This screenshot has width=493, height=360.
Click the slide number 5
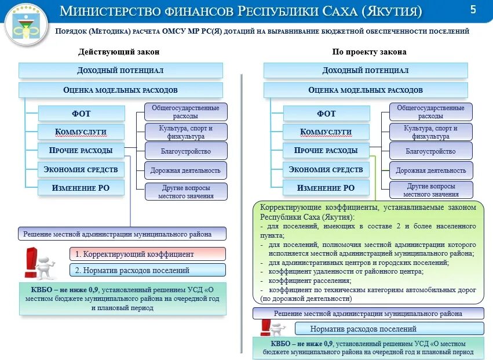pos(473,9)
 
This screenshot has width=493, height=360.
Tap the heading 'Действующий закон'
pos(119,52)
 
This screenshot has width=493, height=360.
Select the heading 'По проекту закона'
pos(369,52)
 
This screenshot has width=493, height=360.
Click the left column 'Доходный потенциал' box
pos(120,70)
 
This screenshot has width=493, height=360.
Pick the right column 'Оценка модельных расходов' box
pos(366,90)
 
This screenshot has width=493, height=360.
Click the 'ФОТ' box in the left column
pos(81,113)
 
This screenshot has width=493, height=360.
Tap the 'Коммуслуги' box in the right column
pos(326,132)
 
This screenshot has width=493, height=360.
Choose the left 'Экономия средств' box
pos(81,169)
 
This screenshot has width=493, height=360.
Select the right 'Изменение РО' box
pos(326,188)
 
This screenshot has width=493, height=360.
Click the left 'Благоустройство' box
pos(185,151)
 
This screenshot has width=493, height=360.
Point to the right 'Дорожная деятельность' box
pos(431,170)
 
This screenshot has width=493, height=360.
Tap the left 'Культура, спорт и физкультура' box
pos(185,132)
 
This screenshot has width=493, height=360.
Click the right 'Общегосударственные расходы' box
pos(431,112)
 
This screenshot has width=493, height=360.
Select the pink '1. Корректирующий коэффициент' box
pos(148,254)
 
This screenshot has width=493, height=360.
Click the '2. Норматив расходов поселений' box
pos(148,270)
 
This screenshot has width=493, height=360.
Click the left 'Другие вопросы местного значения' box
pos(185,191)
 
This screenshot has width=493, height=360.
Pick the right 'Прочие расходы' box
pos(326,151)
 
